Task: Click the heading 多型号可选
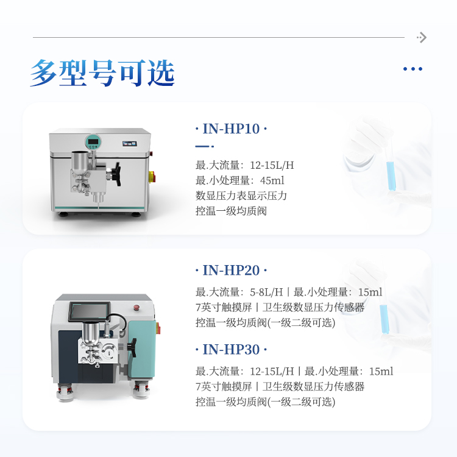point(102,73)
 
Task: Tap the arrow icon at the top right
point(422,37)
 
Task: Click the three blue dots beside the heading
point(413,69)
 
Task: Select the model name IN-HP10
point(231,129)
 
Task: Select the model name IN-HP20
point(231,270)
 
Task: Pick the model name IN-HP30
point(231,350)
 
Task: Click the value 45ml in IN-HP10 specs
point(272,180)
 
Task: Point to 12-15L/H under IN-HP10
point(272,165)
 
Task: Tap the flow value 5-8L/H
point(266,292)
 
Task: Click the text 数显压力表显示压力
point(241,196)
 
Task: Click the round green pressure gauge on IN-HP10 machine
point(93,142)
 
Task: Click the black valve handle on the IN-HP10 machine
point(116,174)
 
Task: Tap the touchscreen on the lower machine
point(90,311)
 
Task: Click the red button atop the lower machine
point(136,308)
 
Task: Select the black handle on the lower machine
point(132,347)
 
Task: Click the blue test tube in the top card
point(391,175)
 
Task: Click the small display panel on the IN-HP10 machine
point(129,144)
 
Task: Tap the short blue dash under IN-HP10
point(205,146)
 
